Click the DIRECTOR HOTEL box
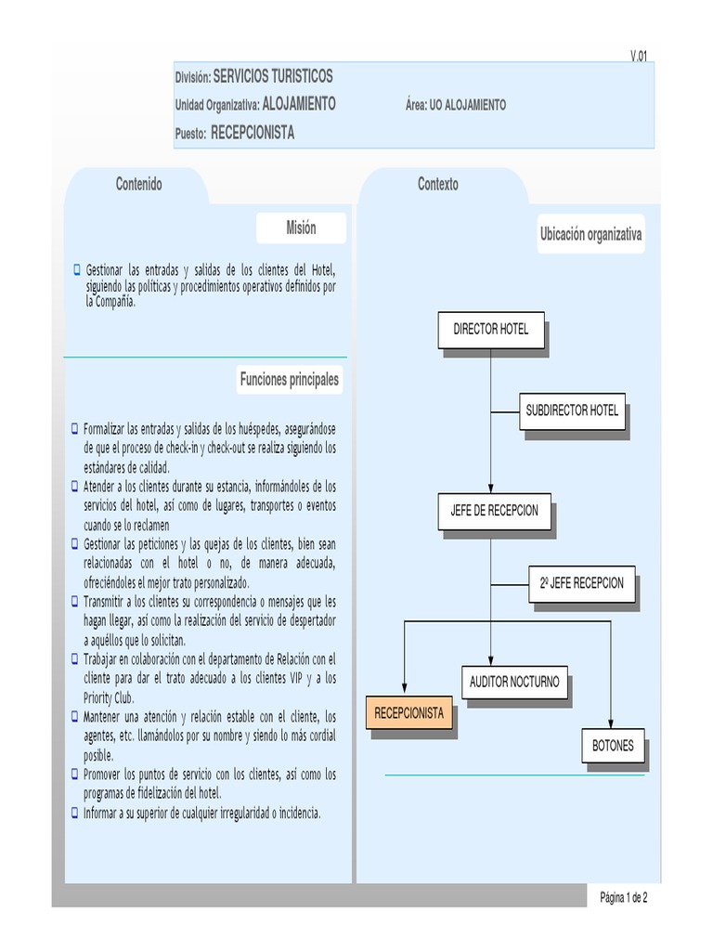(491, 330)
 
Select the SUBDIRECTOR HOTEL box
(572, 411)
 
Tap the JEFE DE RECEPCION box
(494, 512)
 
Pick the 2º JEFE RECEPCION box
(581, 584)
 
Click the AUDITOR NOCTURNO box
(514, 683)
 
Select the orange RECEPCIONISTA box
(409, 713)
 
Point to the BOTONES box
(613, 746)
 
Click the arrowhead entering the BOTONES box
(611, 724)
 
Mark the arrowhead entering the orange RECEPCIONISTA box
(405, 688)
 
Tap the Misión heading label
(301, 228)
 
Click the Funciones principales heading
(290, 380)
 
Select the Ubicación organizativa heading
(590, 234)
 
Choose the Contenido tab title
(139, 184)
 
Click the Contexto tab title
(438, 184)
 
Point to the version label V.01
(639, 56)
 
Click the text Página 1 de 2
(623, 898)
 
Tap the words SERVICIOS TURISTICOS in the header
(273, 76)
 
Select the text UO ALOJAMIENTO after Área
(468, 105)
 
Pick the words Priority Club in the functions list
(109, 697)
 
